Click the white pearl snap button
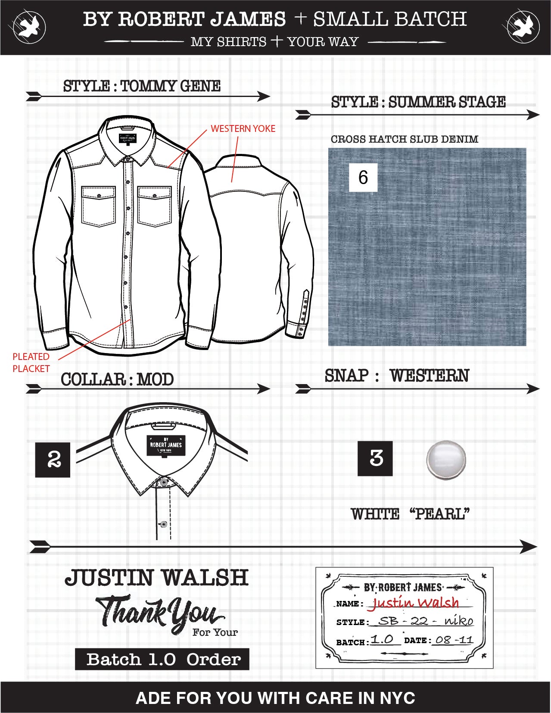[x=446, y=460]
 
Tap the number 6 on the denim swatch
[x=363, y=177]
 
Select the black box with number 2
[x=53, y=460]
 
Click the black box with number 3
[x=375, y=458]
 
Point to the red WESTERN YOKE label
[x=243, y=128]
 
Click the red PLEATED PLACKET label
[x=31, y=363]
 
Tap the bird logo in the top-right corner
[x=523, y=27]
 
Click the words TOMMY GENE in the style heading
[x=171, y=86]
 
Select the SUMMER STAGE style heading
[x=418, y=102]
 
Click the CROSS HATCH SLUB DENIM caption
[x=405, y=139]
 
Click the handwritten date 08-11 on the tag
[x=454, y=640]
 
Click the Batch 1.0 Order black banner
[x=162, y=659]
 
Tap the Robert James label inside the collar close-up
[x=166, y=445]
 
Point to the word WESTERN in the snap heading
[x=430, y=375]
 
